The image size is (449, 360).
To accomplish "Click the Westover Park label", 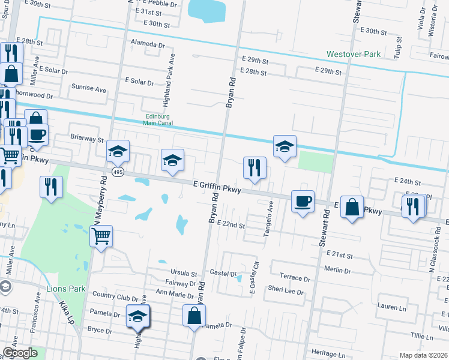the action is [x=353, y=54].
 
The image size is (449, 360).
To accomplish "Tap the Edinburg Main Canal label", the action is [x=157, y=119].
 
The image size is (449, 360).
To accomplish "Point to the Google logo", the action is [x=20, y=353].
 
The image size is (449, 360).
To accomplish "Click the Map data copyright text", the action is [x=423, y=355].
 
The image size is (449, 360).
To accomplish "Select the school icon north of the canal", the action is [x=285, y=146].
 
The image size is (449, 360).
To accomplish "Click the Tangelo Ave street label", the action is [x=268, y=218].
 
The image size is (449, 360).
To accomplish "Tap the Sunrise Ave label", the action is [x=89, y=88].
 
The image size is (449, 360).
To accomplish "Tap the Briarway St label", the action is [x=87, y=139].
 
